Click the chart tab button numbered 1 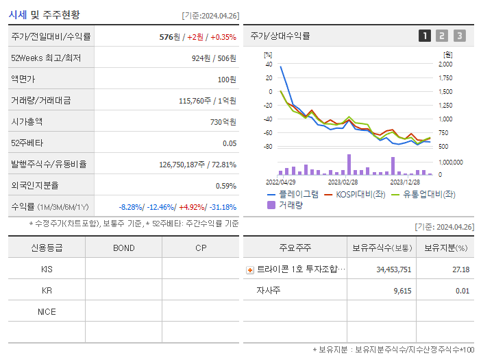pos(425,36)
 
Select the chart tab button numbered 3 pos(459,36)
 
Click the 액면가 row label pos(23,80)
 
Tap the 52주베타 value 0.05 pos(230,143)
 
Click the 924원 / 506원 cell pos(214,58)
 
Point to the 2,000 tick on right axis pos(445,64)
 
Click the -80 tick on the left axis pos(268,147)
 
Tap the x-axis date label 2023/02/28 pos(343,182)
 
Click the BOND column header pos(123,248)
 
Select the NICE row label pos(47,311)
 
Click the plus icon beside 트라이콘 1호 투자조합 pos(249,269)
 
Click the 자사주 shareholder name pos(268,291)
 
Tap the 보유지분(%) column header pos(445,248)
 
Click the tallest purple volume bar pos(349,165)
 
